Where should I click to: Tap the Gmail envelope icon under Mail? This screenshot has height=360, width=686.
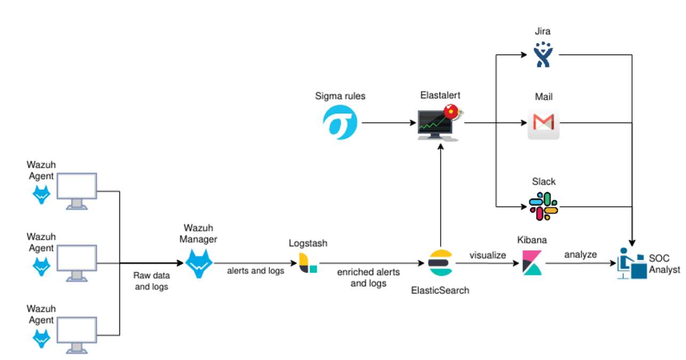[543, 123]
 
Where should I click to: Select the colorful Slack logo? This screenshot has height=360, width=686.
[543, 206]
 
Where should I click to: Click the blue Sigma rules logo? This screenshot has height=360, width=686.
[340, 123]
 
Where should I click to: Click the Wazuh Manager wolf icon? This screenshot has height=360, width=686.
[198, 263]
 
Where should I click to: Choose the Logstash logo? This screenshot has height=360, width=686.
[308, 263]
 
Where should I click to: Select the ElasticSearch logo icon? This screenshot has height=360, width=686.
[440, 263]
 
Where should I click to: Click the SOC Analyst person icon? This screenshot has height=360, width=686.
[631, 263]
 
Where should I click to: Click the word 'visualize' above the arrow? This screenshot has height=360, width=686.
[487, 255]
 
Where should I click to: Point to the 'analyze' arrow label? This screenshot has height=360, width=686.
[580, 255]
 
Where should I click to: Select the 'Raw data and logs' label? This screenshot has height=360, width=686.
[151, 282]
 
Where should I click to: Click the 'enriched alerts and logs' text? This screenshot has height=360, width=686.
[368, 278]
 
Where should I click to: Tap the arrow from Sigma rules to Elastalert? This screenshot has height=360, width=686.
[388, 123]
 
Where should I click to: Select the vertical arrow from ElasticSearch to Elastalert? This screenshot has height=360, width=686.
[440, 197]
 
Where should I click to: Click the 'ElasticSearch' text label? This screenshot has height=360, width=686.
[440, 291]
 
